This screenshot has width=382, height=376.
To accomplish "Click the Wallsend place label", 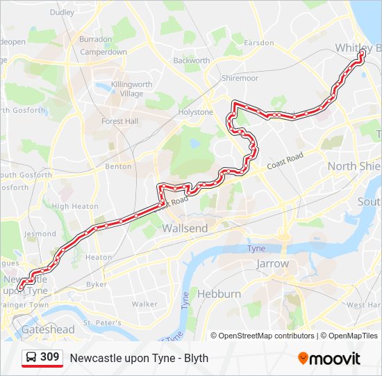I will pos(185,228).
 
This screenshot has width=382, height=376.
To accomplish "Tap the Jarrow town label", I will pos(272,264).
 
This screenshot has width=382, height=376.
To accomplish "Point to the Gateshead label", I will pos(47,329).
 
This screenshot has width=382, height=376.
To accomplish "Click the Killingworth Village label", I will pos(131,89).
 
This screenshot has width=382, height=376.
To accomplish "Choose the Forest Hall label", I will pos(120,120).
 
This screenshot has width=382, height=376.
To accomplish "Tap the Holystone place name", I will pos(196,112).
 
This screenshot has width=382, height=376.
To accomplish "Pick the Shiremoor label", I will pos(240,79).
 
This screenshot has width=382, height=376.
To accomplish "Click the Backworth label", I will pos(191,61).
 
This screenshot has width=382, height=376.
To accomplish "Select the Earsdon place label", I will pos(258,42).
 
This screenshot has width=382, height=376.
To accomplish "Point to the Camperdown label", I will pos(103,52).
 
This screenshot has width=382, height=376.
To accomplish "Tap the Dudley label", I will pos(62,13).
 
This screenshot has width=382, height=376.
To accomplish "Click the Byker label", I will pos(97,285).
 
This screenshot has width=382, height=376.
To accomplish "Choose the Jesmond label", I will pos(40,235).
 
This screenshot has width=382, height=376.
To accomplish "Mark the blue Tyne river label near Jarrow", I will pos(256,249).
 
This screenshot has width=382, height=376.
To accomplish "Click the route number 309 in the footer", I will pos(49,358).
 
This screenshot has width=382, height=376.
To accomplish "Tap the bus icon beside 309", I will pos(31,358).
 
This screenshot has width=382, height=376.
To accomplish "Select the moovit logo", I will pos(329,359).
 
